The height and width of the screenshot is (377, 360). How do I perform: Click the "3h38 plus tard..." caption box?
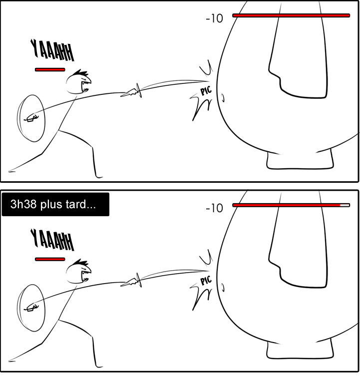[x=55, y=204]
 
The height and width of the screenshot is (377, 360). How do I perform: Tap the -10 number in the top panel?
[x=214, y=18]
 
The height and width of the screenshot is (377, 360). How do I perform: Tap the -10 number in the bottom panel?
[x=214, y=208]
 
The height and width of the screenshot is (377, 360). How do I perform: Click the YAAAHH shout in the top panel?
[x=52, y=50]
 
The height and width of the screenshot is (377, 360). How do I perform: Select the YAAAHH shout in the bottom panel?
[x=52, y=240]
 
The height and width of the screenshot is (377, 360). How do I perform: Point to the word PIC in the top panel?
[x=206, y=90]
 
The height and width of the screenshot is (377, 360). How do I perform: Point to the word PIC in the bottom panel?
[x=206, y=280]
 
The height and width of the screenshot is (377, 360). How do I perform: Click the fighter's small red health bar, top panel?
[x=50, y=70]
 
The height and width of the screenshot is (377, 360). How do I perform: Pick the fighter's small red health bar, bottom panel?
[x=50, y=259]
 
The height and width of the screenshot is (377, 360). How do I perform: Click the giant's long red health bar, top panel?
[x=291, y=15]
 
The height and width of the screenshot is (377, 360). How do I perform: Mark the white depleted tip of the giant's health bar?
[x=345, y=205]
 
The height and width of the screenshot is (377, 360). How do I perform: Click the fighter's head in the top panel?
[x=78, y=82]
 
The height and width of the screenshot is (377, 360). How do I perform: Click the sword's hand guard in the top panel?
[x=139, y=90]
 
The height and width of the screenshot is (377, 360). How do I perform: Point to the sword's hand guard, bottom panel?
[x=139, y=280]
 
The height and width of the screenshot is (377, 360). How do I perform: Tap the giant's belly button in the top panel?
[x=223, y=97]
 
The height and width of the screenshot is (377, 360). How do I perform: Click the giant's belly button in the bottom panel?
[x=223, y=287]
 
